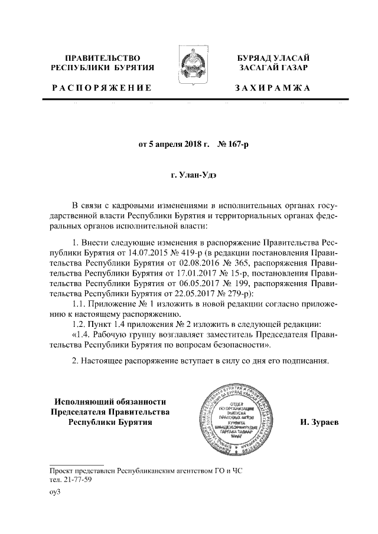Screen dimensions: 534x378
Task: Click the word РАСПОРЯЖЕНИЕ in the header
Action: tap(101, 89)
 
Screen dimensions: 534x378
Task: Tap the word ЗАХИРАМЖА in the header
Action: tap(272, 89)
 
